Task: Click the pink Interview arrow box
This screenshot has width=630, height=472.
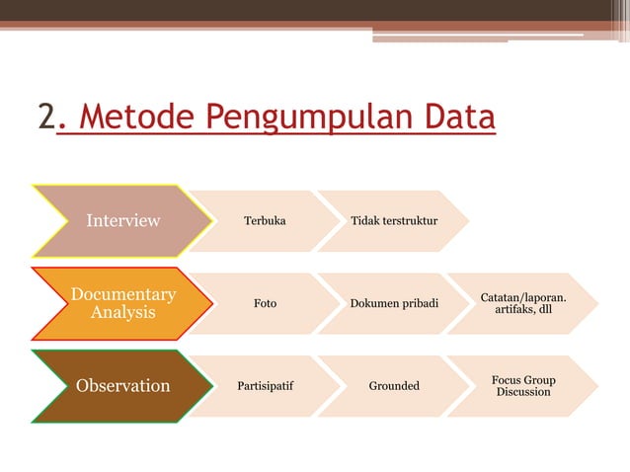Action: (121, 220)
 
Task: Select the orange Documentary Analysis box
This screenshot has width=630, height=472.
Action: (121, 303)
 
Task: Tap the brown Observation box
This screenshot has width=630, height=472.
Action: (121, 385)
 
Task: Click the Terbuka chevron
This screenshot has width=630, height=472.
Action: (264, 220)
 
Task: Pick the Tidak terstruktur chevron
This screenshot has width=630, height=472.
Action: (394, 220)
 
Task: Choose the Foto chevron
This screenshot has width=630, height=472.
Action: (264, 303)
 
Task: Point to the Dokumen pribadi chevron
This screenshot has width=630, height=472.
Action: (394, 303)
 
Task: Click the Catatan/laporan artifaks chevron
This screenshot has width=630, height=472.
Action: (523, 303)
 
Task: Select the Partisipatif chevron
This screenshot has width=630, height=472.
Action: (264, 385)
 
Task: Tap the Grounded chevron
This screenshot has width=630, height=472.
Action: (394, 385)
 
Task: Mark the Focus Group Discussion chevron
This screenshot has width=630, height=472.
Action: (523, 385)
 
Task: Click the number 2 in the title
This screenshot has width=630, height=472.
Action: (46, 118)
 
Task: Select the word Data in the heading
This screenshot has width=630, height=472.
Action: (458, 118)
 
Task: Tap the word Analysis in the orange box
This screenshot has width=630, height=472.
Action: (123, 313)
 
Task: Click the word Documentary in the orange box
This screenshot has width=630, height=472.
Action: (123, 294)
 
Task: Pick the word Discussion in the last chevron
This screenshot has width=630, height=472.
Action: (523, 392)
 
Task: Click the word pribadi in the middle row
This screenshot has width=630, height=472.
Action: (418, 303)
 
